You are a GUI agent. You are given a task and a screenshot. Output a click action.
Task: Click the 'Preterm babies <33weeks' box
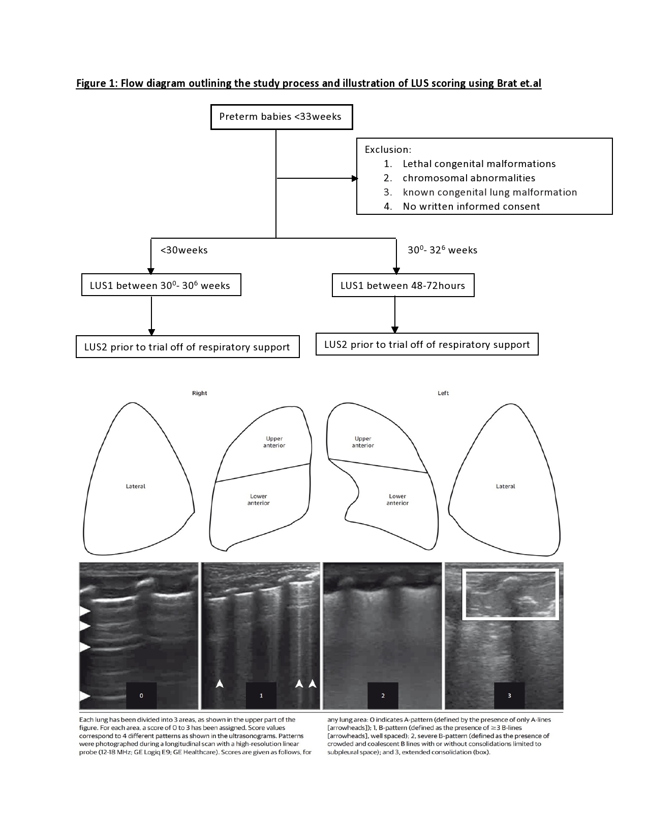tap(282, 117)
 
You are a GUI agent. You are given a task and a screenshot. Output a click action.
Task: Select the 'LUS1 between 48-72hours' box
tap(403, 285)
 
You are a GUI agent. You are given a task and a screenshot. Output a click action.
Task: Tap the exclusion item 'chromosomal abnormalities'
tap(469, 178)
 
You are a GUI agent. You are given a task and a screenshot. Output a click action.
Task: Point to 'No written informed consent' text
tap(471, 206)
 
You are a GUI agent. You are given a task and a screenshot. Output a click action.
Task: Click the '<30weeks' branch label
tap(184, 250)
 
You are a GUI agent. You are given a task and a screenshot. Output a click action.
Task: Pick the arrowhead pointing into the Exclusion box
tap(355, 178)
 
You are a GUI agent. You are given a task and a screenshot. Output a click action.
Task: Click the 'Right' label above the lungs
tap(200, 393)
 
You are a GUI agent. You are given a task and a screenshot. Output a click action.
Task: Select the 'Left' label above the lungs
tap(443, 393)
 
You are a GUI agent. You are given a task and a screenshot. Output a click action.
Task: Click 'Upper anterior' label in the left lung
tap(363, 442)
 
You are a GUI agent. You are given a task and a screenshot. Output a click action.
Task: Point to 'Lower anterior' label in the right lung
tap(259, 499)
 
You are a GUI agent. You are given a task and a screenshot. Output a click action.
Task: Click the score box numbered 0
tap(141, 695)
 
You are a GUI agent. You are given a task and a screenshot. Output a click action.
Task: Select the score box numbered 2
tap(383, 695)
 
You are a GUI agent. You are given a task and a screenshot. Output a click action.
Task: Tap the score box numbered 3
tap(509, 695)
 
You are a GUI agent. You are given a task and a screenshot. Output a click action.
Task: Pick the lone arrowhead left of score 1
tap(220, 684)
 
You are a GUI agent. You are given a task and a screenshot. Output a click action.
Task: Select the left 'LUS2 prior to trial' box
tap(188, 347)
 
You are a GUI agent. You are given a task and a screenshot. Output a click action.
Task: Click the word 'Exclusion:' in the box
tap(388, 150)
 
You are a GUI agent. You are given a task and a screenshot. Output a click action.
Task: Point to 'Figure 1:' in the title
tap(97, 83)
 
